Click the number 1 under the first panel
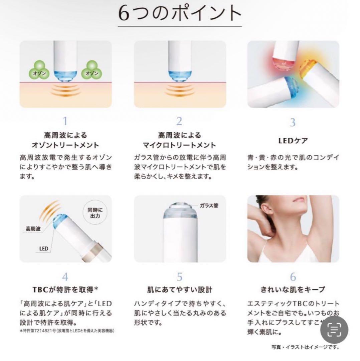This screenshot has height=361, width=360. coord(65,121)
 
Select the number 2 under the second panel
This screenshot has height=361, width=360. coord(179,121)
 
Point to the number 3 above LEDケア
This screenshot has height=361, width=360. coord(293,122)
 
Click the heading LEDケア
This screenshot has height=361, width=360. coord(293,141)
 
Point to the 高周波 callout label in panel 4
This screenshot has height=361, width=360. coord(33,229)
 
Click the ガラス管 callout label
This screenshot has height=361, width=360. coord(209,206)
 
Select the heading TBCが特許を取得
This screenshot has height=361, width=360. coord(65,289)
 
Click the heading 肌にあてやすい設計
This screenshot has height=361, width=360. coord(180,289)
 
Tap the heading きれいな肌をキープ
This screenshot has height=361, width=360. coord(293,289)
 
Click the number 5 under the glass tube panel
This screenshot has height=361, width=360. coord(180,277)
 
